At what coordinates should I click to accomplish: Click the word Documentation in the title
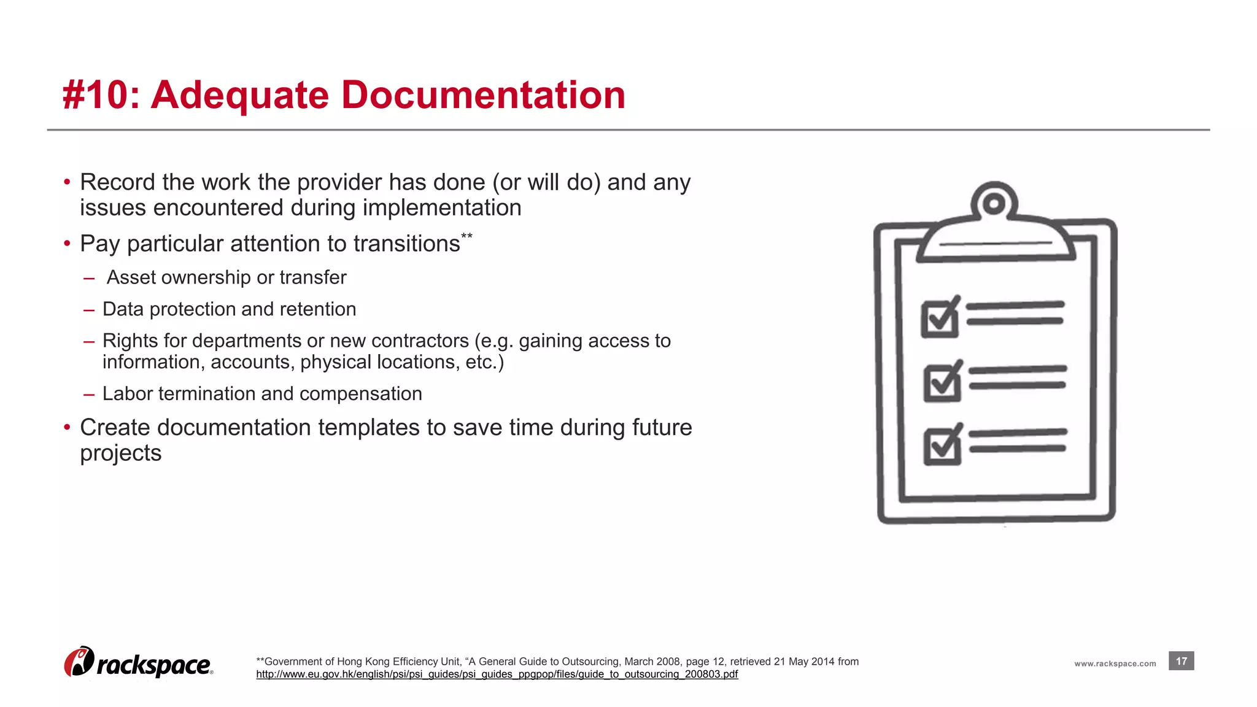[483, 95]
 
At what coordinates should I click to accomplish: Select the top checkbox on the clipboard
[940, 318]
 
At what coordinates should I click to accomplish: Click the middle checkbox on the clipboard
[942, 382]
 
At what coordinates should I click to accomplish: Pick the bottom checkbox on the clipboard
[942, 446]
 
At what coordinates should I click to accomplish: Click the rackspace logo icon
[79, 662]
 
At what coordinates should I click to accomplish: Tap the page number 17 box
[1181, 661]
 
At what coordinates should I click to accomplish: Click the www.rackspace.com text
[1115, 663]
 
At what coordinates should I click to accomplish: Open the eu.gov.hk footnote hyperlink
[497, 674]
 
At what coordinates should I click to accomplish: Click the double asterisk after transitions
[466, 236]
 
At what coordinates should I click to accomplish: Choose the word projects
[121, 453]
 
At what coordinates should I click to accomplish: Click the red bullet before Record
[67, 182]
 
